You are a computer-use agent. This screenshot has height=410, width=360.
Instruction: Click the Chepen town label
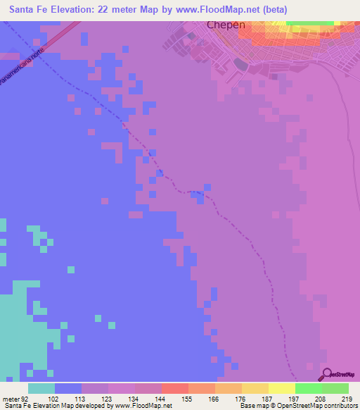(x=226, y=25)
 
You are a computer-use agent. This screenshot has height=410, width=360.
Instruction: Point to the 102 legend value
(x=55, y=399)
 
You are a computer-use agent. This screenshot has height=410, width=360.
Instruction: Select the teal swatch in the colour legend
(x=41, y=388)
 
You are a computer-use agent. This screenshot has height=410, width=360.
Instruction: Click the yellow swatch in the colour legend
(x=282, y=388)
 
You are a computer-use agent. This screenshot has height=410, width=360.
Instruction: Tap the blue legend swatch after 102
(x=68, y=388)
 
